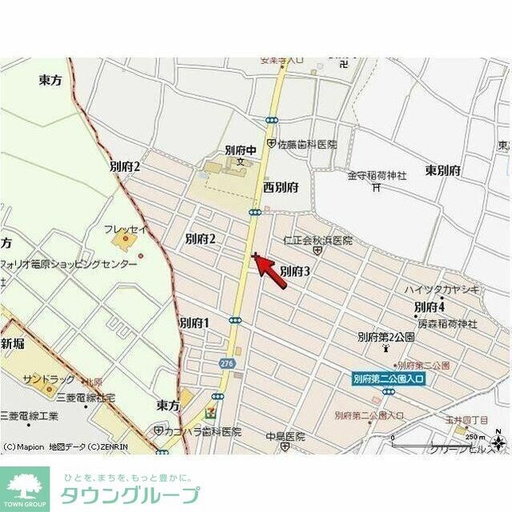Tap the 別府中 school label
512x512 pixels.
240,149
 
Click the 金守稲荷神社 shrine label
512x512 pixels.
377,174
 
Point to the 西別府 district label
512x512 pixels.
280,186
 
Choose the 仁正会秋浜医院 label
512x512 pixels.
317,240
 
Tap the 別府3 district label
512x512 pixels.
295,271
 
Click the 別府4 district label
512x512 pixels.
429,306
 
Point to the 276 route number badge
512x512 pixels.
227,363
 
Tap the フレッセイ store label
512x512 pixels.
126,230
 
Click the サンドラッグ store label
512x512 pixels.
49,378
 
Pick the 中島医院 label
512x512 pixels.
285,437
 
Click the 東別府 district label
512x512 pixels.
442,170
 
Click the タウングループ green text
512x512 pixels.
131,494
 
